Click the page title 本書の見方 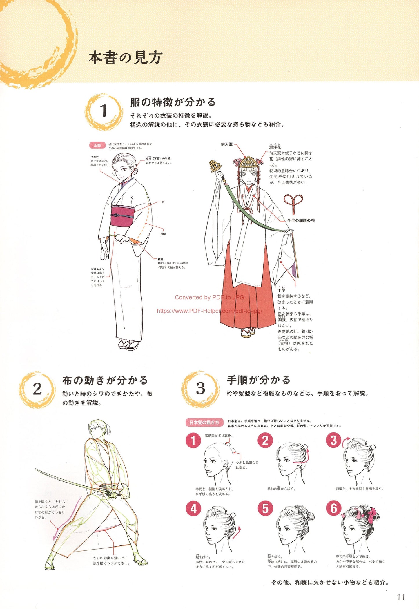(125, 57)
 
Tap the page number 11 (401, 597)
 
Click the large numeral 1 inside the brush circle (104, 111)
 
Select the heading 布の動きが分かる (105, 380)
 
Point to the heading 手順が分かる (258, 380)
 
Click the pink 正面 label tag (97, 145)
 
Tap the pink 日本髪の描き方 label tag (204, 423)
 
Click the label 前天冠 (227, 144)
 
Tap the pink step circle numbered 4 (193, 509)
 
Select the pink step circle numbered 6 (334, 508)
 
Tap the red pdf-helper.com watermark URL (209, 311)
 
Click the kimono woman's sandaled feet (129, 344)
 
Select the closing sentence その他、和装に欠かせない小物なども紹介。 (330, 582)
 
